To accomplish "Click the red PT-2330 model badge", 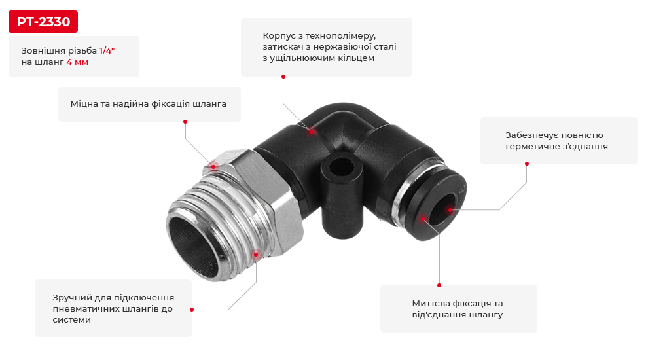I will [x=43, y=22].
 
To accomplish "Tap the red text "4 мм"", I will [x=77, y=62].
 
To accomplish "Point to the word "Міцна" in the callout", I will [x=84, y=103].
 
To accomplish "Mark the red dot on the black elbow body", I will [x=312, y=131].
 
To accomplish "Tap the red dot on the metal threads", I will [x=256, y=253].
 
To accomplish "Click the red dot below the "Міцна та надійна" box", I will [x=185, y=121].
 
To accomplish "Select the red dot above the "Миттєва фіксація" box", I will [x=439, y=285].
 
